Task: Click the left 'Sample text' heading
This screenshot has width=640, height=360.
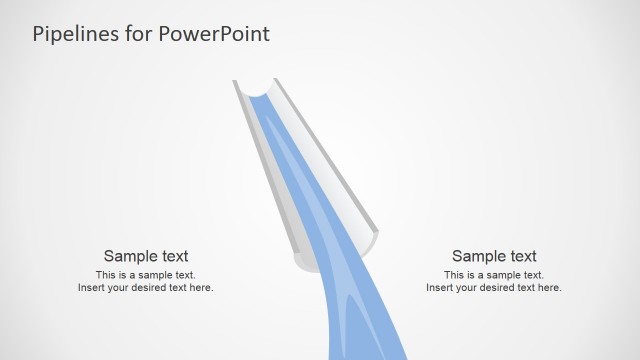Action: (146, 256)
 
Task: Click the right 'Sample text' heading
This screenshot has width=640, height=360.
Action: (494, 256)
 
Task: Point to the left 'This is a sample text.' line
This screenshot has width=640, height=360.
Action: (146, 275)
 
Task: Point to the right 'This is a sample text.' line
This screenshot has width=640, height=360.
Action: (494, 275)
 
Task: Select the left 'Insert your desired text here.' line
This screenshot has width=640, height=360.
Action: (146, 288)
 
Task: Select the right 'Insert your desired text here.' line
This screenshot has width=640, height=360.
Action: (494, 288)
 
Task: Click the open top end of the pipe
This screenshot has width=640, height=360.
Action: (257, 90)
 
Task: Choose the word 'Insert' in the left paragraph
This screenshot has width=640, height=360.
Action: (91, 288)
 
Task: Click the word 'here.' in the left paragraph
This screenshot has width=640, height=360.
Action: (201, 288)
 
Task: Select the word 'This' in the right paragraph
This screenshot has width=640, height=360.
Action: (454, 275)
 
